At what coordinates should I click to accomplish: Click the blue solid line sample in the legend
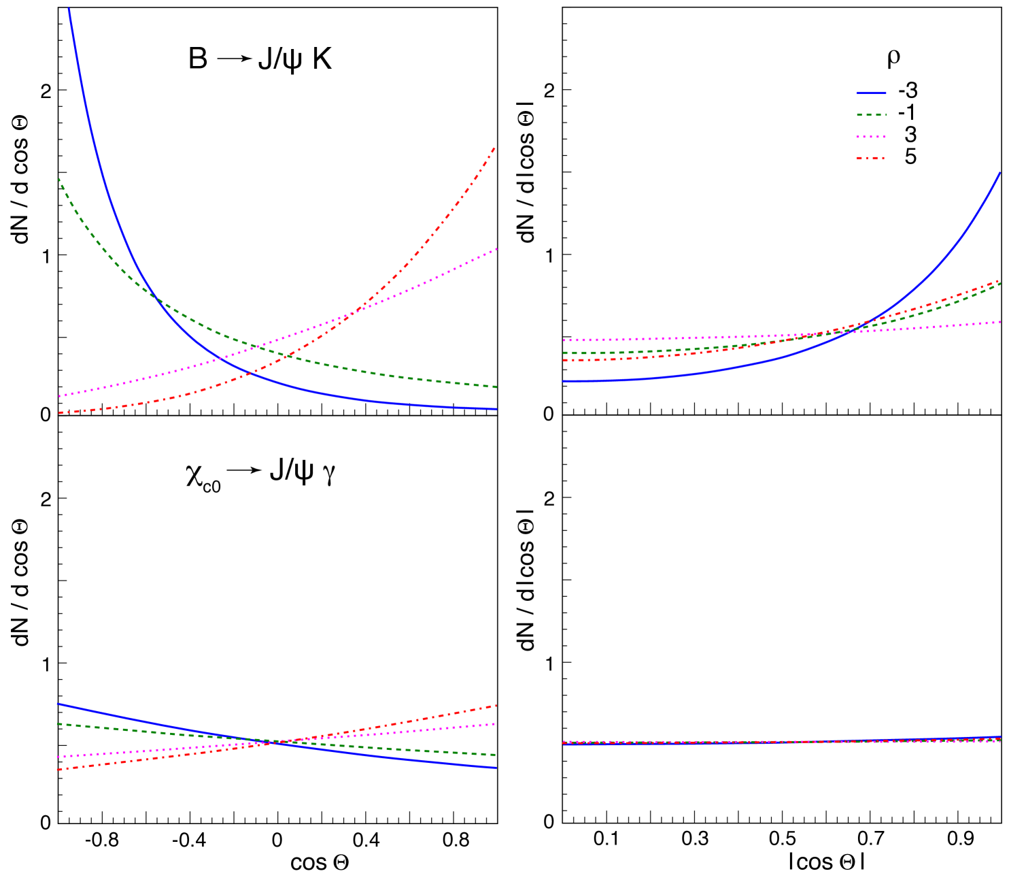871,93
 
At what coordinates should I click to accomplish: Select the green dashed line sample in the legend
871,115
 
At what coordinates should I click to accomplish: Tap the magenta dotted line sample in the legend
871,137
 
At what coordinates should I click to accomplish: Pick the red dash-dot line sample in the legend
871,159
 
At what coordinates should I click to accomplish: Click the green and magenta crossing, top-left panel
257,347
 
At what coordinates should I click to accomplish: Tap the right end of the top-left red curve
494,147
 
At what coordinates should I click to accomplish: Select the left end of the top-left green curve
59,178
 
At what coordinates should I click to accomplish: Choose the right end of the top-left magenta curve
497,249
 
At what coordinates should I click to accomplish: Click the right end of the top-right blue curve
1000,173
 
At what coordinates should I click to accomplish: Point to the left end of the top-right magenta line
564,340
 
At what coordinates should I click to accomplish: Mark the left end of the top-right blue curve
564,381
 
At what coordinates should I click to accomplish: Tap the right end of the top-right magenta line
1000,322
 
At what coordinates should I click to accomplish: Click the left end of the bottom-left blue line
58,704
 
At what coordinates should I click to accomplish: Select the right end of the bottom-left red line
497,706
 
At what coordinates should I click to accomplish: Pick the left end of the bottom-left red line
58,770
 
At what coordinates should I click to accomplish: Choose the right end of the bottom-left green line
496,755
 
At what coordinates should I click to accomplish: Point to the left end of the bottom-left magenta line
58,757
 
